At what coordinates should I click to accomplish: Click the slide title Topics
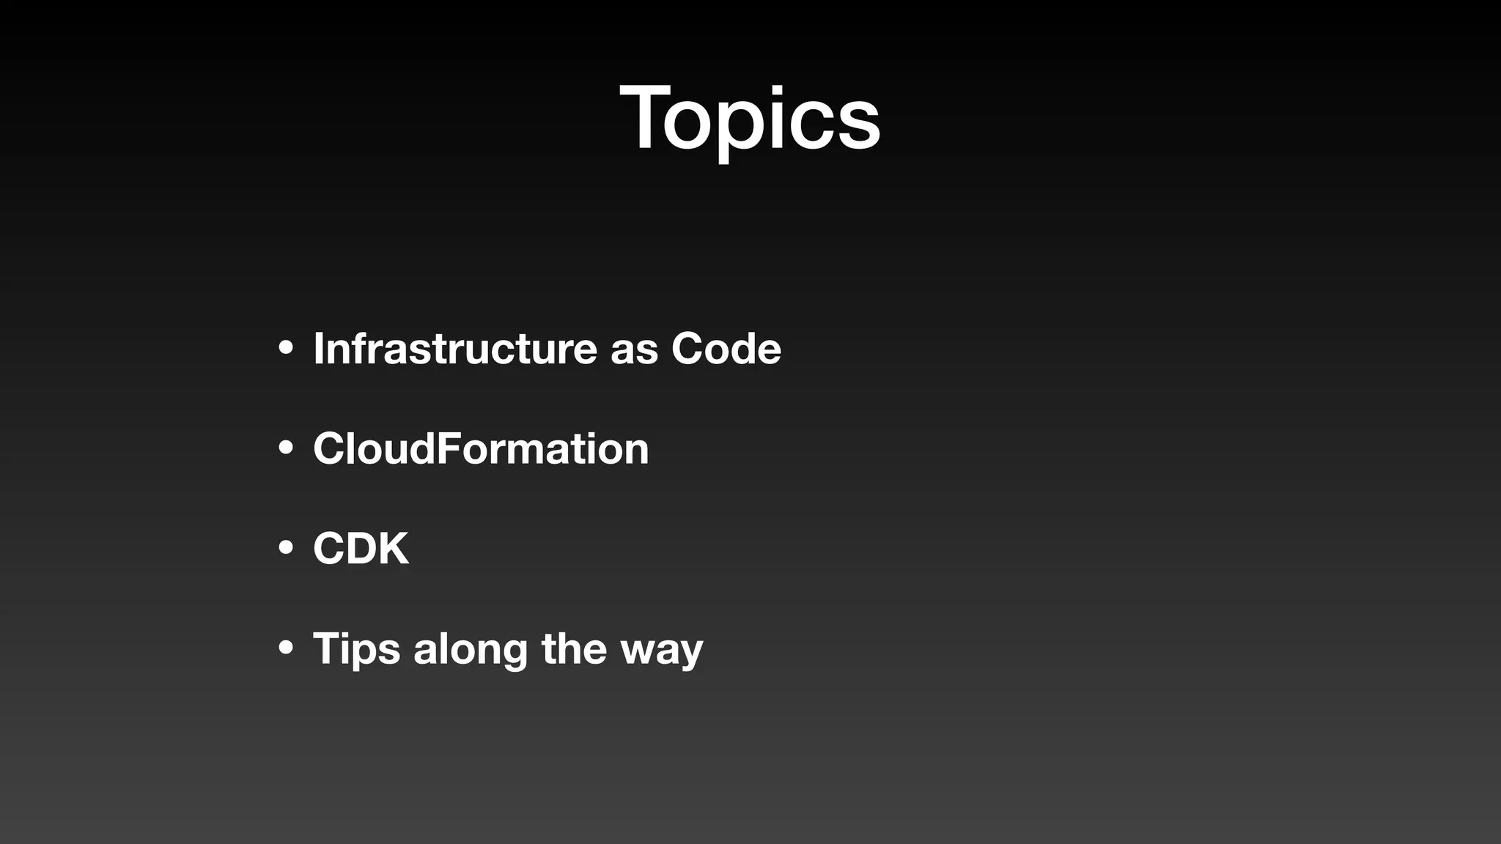tap(749, 119)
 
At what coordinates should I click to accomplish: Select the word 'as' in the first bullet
tap(634, 350)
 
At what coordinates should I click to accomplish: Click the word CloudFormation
tap(481, 448)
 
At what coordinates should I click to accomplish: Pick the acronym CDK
tap(361, 548)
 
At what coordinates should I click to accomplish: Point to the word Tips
tap(356, 649)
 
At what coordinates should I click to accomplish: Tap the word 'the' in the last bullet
tap(574, 648)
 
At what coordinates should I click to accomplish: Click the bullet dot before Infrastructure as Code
tap(286, 349)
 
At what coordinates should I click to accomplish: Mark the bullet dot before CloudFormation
tap(286, 448)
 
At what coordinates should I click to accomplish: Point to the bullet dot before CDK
tap(286, 548)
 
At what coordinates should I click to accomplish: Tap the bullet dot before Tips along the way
tap(286, 648)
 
